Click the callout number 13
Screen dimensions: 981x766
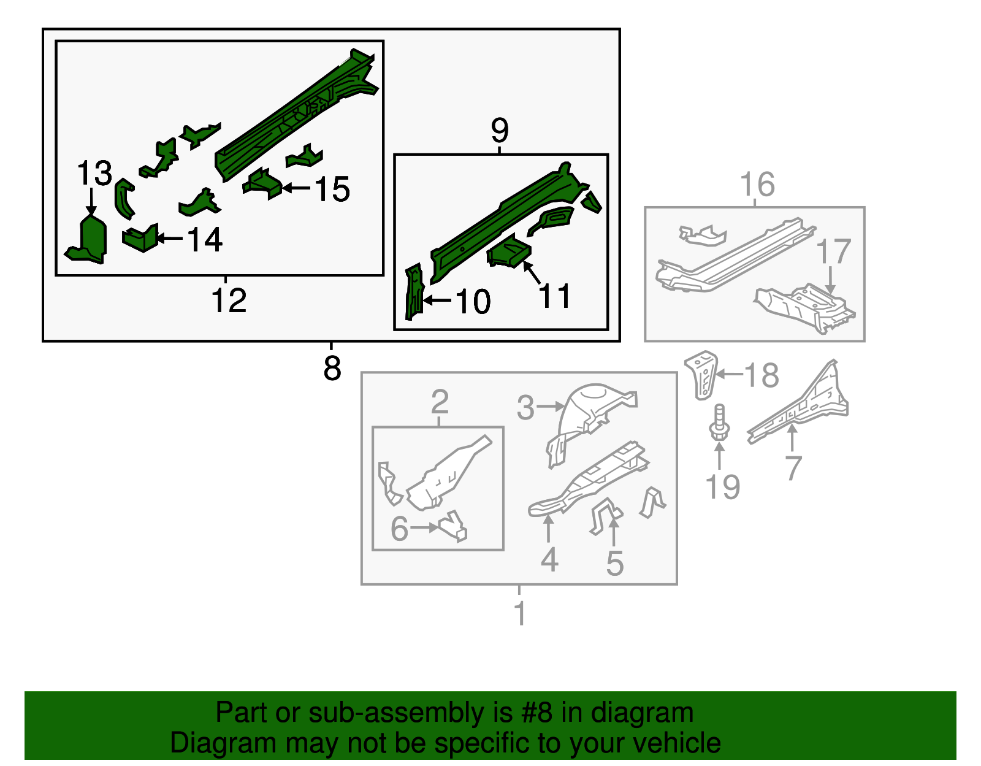pos(94,173)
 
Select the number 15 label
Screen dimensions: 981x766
pos(332,189)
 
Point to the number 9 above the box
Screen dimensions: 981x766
pos(500,131)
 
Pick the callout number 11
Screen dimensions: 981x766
pos(555,296)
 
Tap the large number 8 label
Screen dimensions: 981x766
pos(332,368)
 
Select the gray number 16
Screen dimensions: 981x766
pos(758,184)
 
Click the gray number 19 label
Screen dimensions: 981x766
pos(722,486)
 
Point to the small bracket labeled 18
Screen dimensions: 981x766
pos(701,375)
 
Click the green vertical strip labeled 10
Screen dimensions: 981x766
pos(414,291)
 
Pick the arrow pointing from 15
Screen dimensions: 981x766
pos(296,188)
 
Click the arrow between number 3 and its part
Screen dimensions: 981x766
pos(551,406)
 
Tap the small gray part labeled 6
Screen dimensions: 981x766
pos(452,526)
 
